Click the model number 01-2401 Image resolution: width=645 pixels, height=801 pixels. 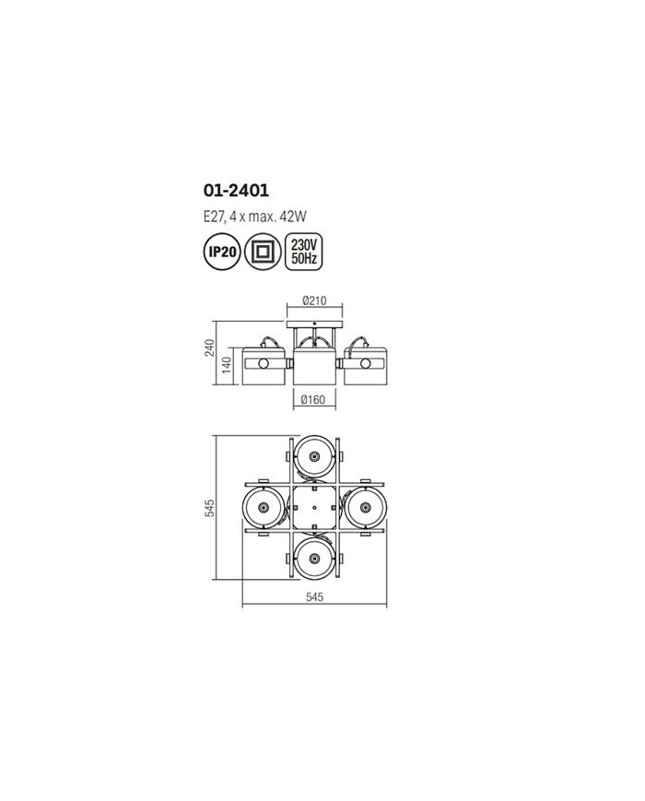tap(236, 191)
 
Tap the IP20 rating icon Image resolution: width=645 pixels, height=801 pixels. tap(222, 252)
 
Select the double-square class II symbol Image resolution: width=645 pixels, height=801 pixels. tap(263, 252)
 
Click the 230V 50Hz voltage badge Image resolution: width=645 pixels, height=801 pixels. tap(304, 252)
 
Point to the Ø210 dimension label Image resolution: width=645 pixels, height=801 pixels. tap(314, 300)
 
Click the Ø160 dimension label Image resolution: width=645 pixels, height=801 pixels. tap(313, 399)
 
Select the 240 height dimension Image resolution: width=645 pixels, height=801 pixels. tap(210, 347)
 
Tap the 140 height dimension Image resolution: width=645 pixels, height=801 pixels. tap(227, 366)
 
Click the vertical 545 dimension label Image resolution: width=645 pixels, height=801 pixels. tap(209, 508)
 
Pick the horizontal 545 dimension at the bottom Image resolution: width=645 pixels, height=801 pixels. tap(314, 596)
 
